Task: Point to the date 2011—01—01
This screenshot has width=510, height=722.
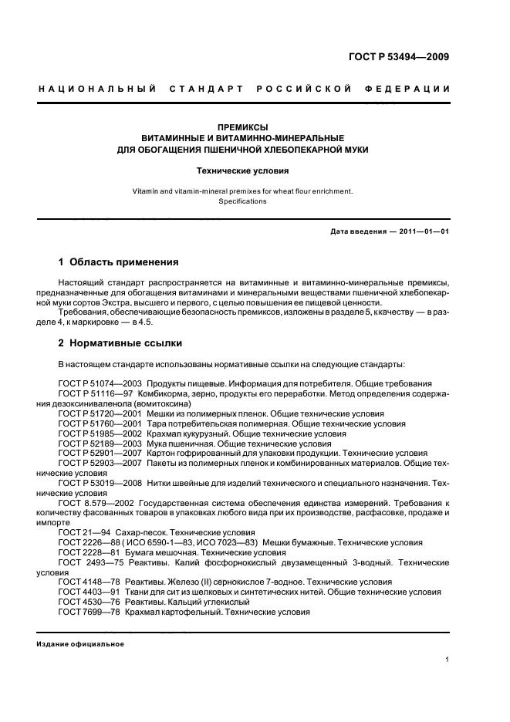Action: point(423,231)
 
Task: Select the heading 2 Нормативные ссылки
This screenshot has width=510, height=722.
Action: point(120,342)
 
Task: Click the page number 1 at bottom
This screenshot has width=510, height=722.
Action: point(448,660)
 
